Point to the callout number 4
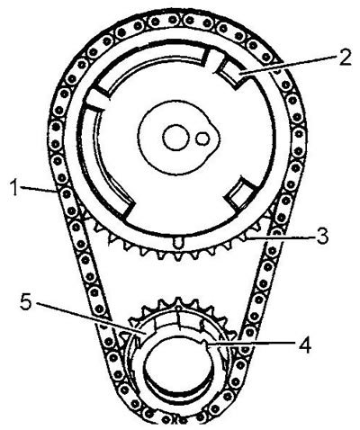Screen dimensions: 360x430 (305, 345)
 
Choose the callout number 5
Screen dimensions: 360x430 (26, 302)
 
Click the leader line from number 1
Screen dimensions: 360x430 (38, 189)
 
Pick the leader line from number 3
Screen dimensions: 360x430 (281, 238)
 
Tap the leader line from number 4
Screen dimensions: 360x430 (251, 345)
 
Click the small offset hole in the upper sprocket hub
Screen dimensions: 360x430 (203, 139)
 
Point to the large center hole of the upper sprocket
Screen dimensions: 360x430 (176, 138)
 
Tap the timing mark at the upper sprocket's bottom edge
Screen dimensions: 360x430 (178, 242)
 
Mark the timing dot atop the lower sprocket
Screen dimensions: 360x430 (178, 308)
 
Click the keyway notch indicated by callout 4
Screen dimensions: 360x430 (205, 343)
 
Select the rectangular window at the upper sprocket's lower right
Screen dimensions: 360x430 (240, 193)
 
